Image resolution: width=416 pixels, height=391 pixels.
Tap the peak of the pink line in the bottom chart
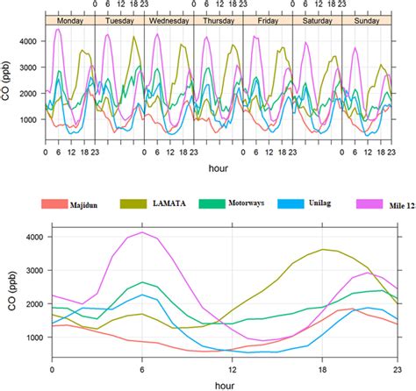tap(142, 231)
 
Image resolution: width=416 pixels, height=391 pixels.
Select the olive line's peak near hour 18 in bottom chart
tap(324, 250)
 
